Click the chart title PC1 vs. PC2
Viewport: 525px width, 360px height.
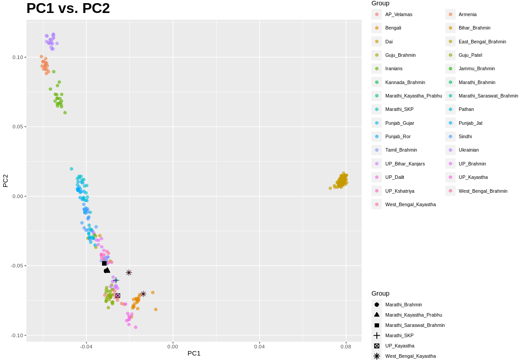pyautogui.click(x=68, y=8)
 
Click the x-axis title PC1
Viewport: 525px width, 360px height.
pyautogui.click(x=194, y=353)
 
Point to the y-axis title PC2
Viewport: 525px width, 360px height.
pyautogui.click(x=6, y=181)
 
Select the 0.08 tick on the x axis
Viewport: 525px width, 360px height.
pyautogui.click(x=346, y=346)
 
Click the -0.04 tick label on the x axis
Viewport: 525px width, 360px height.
pyautogui.click(x=86, y=346)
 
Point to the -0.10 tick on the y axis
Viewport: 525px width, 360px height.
pyautogui.click(x=18, y=335)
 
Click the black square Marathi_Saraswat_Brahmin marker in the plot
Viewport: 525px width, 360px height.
pyautogui.click(x=104, y=263)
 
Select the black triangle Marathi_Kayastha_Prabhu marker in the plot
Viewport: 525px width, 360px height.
pyautogui.click(x=107, y=270)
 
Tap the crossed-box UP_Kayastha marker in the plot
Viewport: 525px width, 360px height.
pyautogui.click(x=118, y=296)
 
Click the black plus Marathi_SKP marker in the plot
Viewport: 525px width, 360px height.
pyautogui.click(x=116, y=280)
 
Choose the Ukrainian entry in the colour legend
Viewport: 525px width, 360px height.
pyautogui.click(x=469, y=150)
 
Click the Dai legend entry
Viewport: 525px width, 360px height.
pyautogui.click(x=388, y=42)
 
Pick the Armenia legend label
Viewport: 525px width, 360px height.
pyautogui.click(x=467, y=14)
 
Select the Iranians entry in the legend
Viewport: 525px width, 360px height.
pyautogui.click(x=393, y=68)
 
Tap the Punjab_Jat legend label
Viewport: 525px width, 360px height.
pyautogui.click(x=470, y=123)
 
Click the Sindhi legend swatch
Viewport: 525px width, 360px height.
pyautogui.click(x=450, y=136)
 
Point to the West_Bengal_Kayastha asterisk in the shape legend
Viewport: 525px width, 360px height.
pyautogui.click(x=377, y=356)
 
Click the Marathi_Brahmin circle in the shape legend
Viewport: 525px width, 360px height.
pyautogui.click(x=377, y=305)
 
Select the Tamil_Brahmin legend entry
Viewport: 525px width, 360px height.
pyautogui.click(x=401, y=150)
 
